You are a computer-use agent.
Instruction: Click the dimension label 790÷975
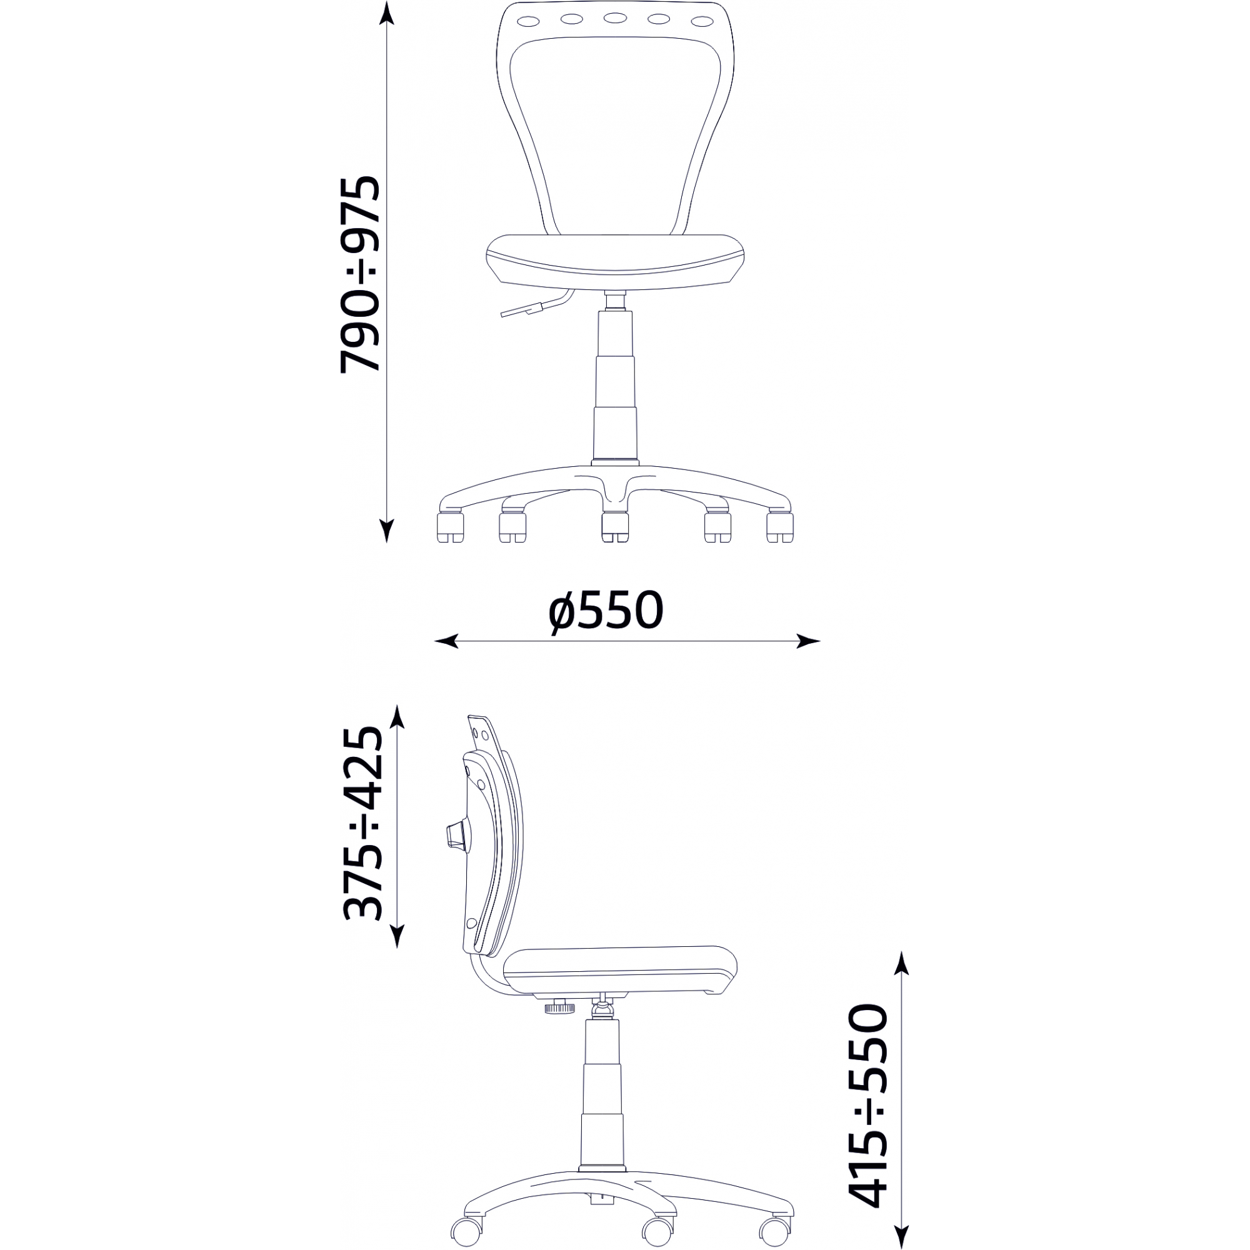pos(360,274)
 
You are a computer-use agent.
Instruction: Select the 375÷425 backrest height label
pos(363,824)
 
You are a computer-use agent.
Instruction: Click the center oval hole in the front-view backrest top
pos(614,17)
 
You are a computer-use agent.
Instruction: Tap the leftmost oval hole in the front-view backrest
pos(527,21)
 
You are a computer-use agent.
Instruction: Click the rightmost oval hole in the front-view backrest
pos(702,21)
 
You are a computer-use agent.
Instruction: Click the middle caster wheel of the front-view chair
pos(614,527)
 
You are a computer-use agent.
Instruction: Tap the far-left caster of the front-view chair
pos(451,527)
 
